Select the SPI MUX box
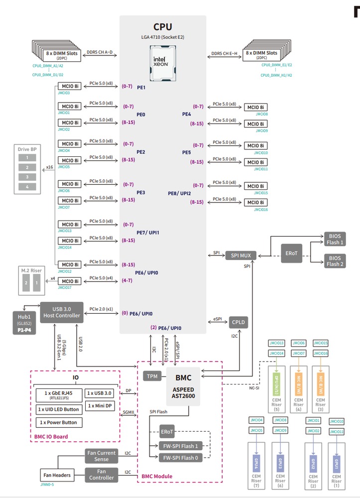point(241,255)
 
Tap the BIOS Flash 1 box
point(335,239)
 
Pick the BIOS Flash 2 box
point(335,260)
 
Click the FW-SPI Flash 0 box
point(179,458)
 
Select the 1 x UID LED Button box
point(58,409)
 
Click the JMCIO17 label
point(64,287)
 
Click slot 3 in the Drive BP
point(27,177)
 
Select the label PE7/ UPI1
point(147,233)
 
